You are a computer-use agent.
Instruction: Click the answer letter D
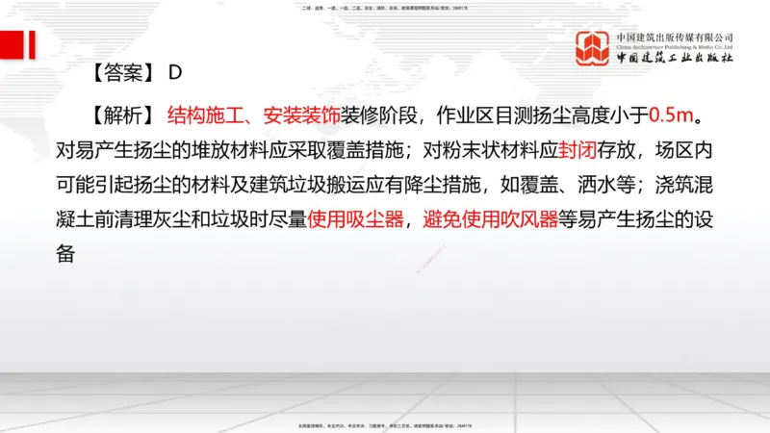[x=175, y=72]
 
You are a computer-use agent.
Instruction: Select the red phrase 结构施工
[x=200, y=116]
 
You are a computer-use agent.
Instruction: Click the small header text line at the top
[x=385, y=10]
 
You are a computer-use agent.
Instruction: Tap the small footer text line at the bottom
[x=385, y=423]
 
